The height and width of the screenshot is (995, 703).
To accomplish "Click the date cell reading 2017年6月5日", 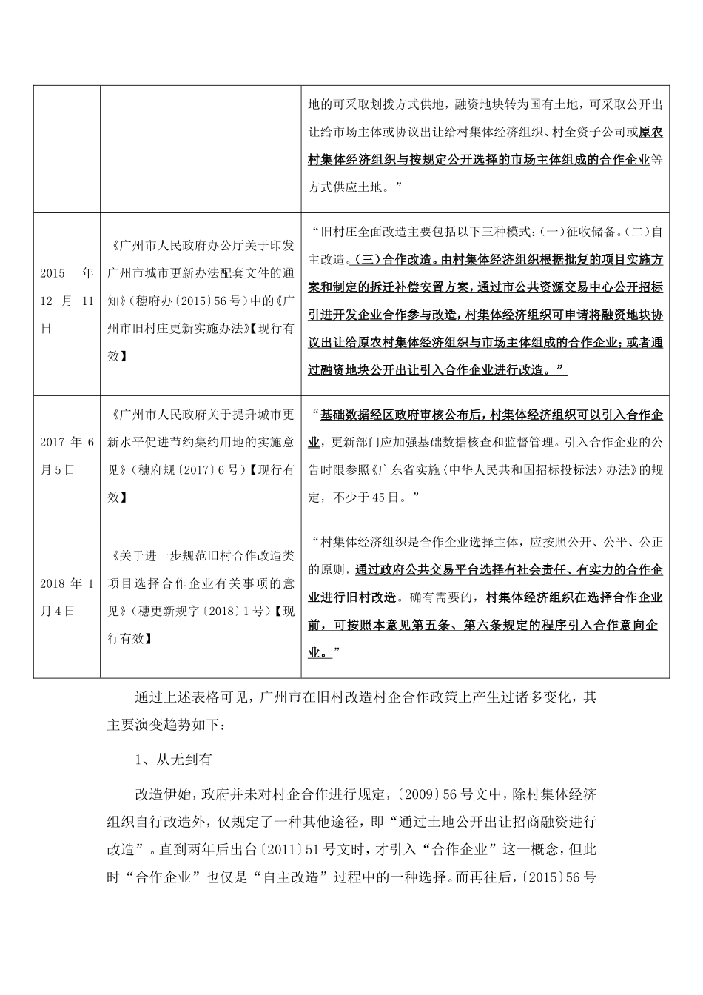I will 67,456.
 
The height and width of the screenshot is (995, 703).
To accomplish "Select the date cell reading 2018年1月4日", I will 67,597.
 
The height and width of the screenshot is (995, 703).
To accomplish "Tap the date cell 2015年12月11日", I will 67,301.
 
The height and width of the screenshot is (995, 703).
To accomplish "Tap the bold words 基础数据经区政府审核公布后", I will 400,414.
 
